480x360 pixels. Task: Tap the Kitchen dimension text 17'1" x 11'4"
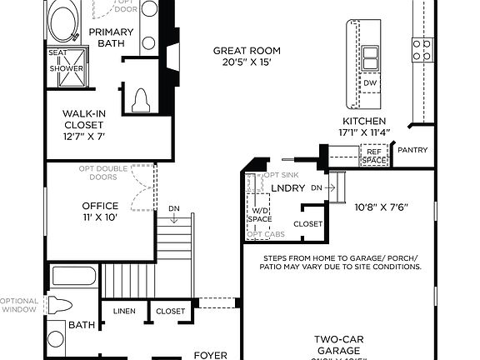click(x=365, y=132)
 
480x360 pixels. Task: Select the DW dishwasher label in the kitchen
click(x=369, y=83)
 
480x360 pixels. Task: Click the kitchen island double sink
click(x=369, y=57)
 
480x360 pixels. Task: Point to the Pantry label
click(x=413, y=150)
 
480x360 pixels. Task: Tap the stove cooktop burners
click(x=422, y=50)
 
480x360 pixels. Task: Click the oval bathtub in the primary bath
click(x=62, y=22)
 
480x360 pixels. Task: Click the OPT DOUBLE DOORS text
click(x=103, y=173)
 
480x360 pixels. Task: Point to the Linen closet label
click(x=124, y=312)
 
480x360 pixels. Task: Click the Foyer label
click(x=210, y=354)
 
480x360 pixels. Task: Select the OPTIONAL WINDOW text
click(x=18, y=305)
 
